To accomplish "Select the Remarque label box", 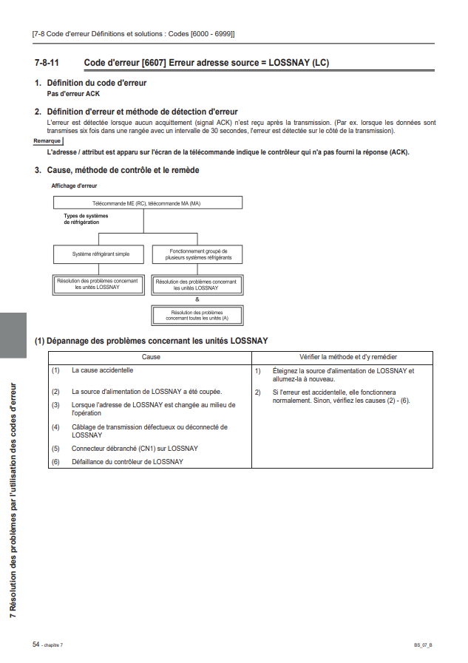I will click(48, 140).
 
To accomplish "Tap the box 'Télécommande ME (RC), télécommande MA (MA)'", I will click(146, 203).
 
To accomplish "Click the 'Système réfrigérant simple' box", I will click(101, 254).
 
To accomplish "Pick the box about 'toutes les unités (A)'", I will click(197, 315).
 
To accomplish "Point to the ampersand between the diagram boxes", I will click(197, 299).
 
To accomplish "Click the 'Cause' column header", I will click(151, 357).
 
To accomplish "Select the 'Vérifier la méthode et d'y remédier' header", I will click(342, 357).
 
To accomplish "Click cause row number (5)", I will click(55, 448).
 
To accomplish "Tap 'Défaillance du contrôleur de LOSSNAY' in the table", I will click(127, 461).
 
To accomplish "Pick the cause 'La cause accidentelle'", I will click(102, 370).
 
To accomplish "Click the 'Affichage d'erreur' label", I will click(74, 186).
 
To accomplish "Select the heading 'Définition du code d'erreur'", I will click(97, 84).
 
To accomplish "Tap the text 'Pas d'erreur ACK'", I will click(73, 94).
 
